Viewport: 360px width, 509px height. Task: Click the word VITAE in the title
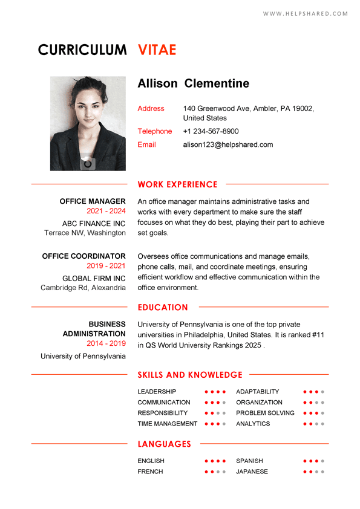coord(157,50)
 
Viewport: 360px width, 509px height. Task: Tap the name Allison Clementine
coord(193,83)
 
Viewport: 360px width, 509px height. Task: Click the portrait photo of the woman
coord(88,123)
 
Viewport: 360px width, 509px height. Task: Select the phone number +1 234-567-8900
coord(211,131)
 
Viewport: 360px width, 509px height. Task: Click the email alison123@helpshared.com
coord(227,144)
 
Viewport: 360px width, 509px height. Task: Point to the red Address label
coord(151,109)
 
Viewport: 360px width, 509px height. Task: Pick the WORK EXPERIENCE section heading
coord(177,184)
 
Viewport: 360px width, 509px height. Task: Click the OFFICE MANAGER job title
coord(93,201)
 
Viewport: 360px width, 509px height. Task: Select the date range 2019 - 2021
coord(106,266)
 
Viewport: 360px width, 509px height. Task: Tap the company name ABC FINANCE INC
coord(94,224)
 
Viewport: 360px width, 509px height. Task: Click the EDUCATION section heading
coord(163,307)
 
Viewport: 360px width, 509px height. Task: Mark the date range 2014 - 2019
coord(106,343)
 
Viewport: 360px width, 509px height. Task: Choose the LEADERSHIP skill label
coord(157,392)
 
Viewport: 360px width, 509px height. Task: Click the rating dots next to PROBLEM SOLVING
coord(314,413)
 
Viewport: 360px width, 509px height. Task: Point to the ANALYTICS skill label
coord(253,424)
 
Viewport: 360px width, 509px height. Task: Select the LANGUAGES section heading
coord(164,444)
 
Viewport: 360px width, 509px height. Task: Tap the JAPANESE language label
coord(252,472)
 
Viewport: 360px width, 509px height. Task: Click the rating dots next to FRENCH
coord(215,472)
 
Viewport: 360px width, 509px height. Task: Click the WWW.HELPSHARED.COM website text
coord(306,14)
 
